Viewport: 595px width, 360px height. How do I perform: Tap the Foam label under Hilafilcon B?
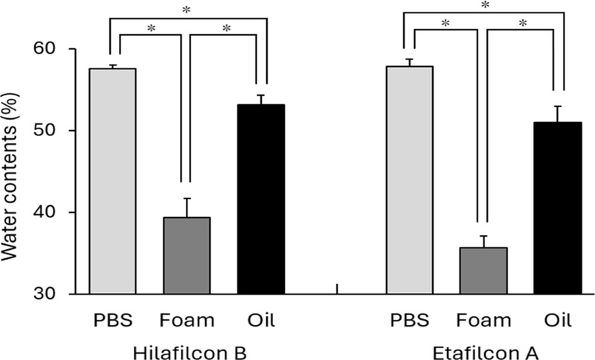187,321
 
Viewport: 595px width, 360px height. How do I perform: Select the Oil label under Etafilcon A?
557,321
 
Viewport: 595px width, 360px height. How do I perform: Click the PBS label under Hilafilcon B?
112,321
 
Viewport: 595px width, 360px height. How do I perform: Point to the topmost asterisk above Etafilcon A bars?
484,6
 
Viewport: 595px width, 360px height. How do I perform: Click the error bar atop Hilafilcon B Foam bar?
187,208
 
